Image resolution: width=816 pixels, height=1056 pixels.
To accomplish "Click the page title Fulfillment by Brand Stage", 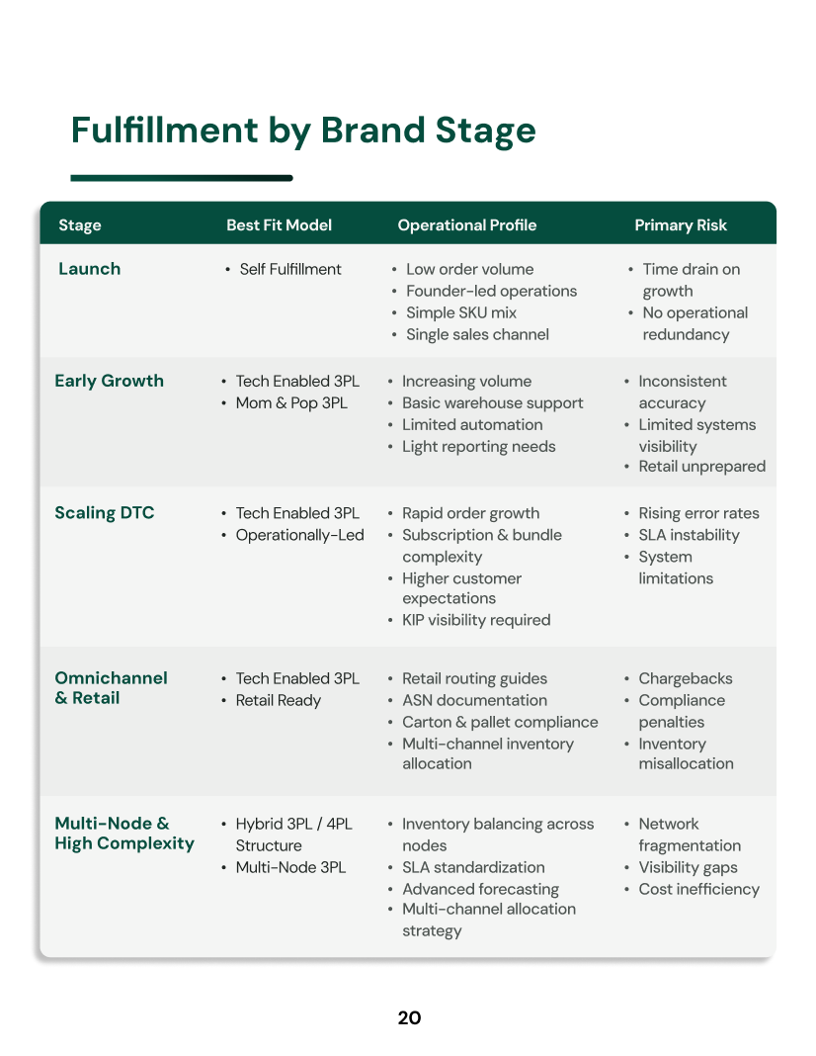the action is [303, 131].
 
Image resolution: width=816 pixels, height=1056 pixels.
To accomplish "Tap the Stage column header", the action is [80, 225].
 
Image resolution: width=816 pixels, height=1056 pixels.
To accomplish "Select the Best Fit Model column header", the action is [279, 225].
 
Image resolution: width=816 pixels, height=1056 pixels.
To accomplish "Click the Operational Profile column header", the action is [467, 225].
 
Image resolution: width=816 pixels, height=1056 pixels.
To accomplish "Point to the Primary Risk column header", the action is [681, 225].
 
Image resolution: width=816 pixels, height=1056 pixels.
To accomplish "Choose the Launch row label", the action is [90, 269].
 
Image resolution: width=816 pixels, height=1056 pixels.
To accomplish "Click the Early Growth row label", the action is [110, 381].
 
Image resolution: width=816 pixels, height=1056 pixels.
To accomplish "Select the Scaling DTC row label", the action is [105, 513].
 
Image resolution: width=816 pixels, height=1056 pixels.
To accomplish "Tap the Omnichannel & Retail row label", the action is [111, 688].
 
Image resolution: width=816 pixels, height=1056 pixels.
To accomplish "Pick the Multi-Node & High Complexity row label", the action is [124, 834].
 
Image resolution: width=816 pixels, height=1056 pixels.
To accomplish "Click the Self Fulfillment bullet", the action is [290, 269].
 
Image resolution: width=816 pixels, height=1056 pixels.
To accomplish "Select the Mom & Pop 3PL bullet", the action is [291, 403].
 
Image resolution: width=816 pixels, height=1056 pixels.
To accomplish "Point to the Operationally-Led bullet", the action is [299, 535].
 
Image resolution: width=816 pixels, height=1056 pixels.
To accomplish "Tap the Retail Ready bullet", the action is [278, 700].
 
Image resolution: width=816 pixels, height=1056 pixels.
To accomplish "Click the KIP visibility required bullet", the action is [476, 620].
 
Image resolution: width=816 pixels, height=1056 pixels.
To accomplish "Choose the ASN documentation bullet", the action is [474, 700].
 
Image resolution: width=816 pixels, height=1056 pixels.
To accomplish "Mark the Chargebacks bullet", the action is [686, 678].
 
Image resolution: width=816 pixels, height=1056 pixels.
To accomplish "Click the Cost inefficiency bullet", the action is [698, 889].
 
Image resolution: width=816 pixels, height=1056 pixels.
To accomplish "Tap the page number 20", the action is [409, 1017].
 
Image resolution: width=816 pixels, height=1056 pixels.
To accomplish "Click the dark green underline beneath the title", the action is [182, 178].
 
